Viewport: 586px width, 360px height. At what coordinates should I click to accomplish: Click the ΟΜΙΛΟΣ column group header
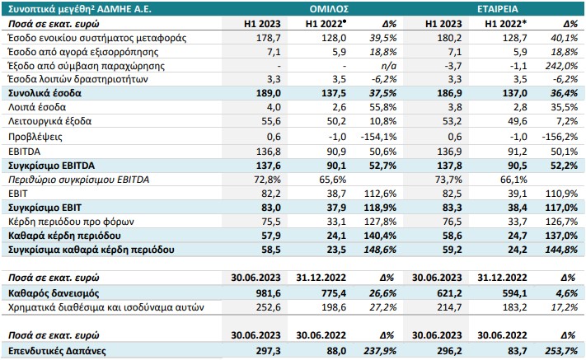coord(329,9)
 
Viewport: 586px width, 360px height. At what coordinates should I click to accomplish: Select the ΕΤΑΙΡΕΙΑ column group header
coord(498,9)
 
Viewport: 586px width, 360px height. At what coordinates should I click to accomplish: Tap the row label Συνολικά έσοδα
coord(45,93)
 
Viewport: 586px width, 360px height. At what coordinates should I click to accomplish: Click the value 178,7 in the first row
coord(269,38)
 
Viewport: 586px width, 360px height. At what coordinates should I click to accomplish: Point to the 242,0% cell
coord(561,66)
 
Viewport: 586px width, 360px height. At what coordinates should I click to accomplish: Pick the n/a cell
coord(388,66)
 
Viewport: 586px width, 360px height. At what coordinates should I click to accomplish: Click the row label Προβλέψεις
coord(35,137)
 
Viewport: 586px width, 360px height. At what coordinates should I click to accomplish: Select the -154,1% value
coord(378,137)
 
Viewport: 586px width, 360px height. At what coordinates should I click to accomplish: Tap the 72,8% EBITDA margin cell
coord(267,180)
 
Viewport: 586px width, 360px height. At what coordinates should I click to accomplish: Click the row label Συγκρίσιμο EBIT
coord(45,208)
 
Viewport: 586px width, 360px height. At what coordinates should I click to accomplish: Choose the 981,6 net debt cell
coord(269,293)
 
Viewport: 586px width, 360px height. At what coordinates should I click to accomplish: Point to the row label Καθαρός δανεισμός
coord(54,293)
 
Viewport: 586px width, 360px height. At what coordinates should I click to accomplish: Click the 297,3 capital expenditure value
coord(269,351)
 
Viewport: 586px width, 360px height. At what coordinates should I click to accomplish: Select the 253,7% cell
coord(561,351)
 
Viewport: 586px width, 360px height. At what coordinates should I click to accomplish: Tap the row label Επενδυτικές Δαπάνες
coord(57,351)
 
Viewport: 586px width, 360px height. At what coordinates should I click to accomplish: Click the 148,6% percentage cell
coord(380,250)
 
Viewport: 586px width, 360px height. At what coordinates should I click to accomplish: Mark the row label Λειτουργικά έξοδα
coord(49,121)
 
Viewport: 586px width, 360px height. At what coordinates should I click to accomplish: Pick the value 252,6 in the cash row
coord(269,307)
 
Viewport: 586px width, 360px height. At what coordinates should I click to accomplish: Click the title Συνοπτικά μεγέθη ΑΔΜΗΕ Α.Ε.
coord(80,9)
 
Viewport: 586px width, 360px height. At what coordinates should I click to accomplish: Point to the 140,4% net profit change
coord(380,236)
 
